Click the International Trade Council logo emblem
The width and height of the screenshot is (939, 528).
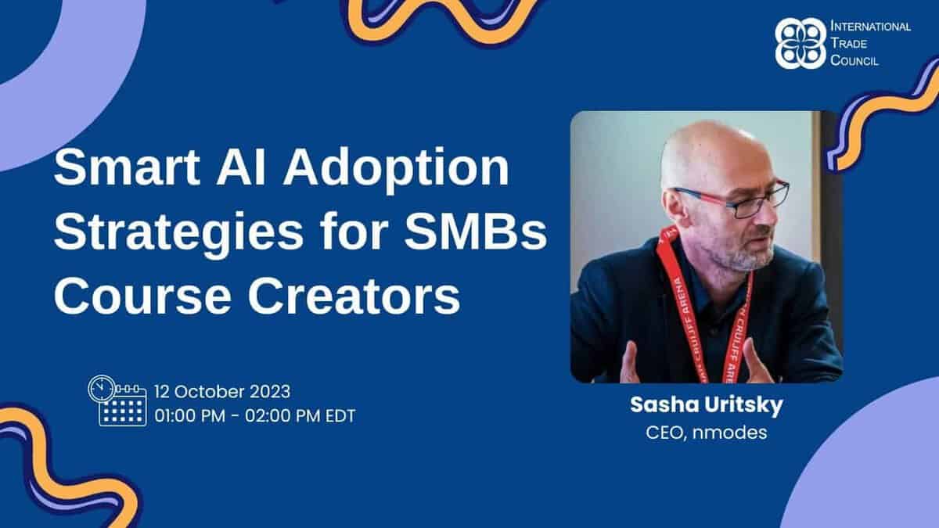pos(800,43)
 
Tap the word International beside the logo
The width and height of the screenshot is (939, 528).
pos(871,27)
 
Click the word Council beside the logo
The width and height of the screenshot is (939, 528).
pos(854,60)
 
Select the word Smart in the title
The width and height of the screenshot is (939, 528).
pos(127,167)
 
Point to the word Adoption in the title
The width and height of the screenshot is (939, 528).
pos(396,171)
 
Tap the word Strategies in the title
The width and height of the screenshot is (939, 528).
pos(178,234)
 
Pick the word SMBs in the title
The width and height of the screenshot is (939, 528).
pos(476,232)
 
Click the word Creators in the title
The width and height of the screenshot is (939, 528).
pos(354,296)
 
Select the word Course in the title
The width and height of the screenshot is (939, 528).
pos(142,296)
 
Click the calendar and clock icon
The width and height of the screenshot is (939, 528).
pos(117,400)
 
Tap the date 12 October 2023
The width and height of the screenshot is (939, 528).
pos(222,392)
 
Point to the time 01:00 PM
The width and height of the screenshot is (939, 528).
pos(189,416)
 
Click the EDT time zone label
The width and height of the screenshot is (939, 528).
pos(340,416)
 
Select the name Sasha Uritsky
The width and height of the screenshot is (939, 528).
pos(707,405)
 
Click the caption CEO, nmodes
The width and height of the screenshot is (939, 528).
pos(707,433)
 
